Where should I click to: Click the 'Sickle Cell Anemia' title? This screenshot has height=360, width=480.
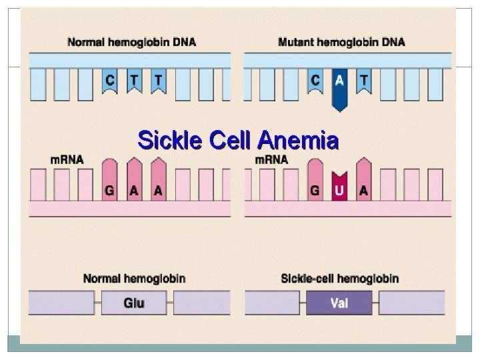[x=238, y=141]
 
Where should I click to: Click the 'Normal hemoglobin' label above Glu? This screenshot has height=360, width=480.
[x=134, y=278]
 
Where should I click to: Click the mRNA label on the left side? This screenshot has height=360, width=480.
[x=66, y=160]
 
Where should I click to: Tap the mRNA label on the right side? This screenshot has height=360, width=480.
[x=272, y=160]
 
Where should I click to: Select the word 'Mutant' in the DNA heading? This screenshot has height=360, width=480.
[x=296, y=42]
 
